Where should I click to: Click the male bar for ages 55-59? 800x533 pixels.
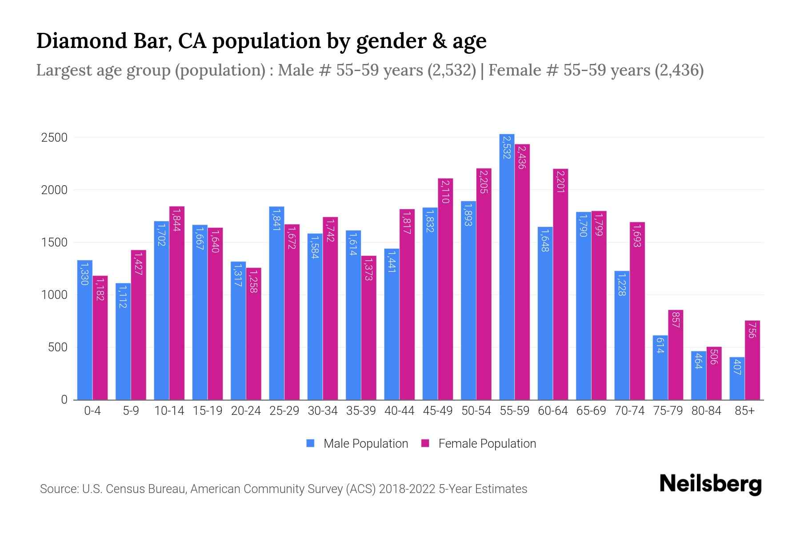507,266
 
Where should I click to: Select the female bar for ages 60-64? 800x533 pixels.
560,284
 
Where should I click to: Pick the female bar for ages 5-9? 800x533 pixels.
138,325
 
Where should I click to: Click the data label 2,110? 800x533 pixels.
445,191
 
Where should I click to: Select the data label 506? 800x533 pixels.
714,357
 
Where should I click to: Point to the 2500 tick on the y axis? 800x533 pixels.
54,138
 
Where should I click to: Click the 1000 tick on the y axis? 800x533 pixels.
54,295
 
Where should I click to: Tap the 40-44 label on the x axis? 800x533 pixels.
399,411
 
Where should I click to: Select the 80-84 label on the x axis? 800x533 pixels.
706,411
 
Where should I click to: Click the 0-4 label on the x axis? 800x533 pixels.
92,411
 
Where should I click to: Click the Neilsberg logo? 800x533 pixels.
710,484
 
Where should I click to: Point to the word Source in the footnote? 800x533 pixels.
59,489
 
